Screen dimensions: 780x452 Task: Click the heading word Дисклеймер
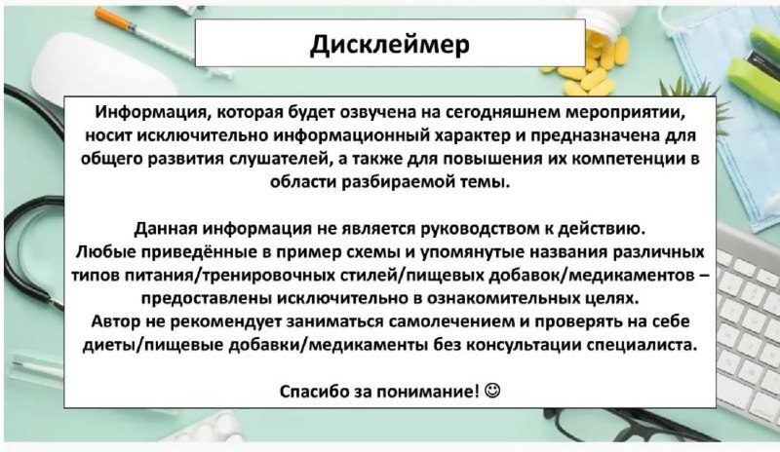point(389,44)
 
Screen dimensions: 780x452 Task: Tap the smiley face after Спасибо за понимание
point(492,391)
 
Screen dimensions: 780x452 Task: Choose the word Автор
point(115,321)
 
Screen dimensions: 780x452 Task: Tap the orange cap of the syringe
point(114,18)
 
